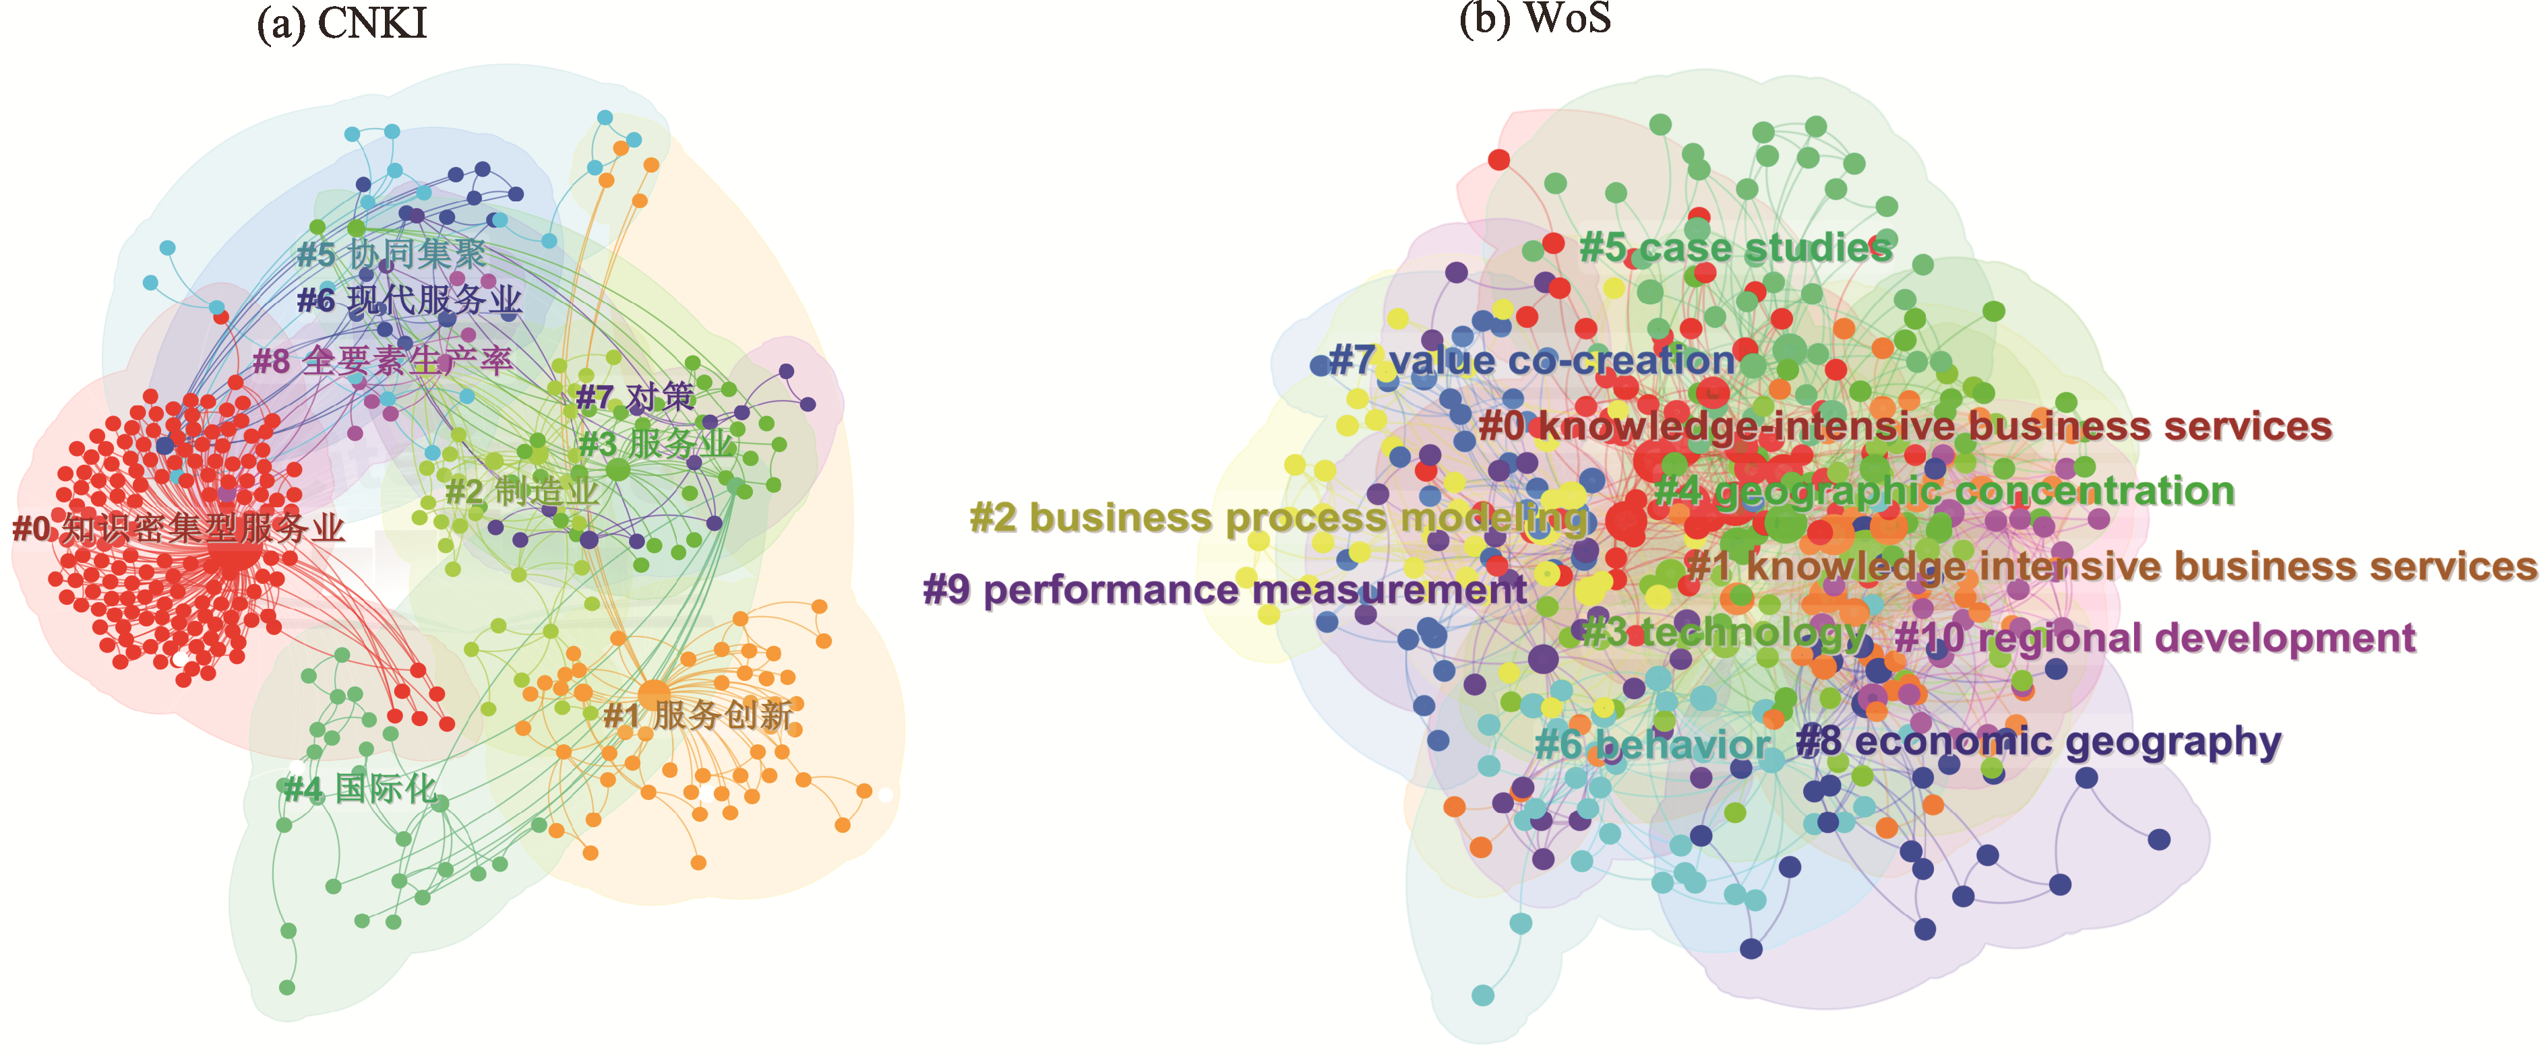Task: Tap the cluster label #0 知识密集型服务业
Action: coord(178,529)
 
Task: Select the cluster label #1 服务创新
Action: coord(698,715)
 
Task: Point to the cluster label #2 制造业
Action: coord(522,490)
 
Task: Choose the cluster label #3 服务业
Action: coord(657,444)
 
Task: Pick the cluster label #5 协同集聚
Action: coord(392,254)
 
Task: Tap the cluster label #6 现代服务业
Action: coord(410,300)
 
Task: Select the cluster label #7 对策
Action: coord(635,397)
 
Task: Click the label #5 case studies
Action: coord(1736,247)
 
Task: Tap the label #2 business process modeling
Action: coord(1278,518)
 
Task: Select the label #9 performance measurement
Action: coord(1225,590)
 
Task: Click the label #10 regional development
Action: coord(2155,638)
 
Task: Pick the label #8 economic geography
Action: coord(2038,742)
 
